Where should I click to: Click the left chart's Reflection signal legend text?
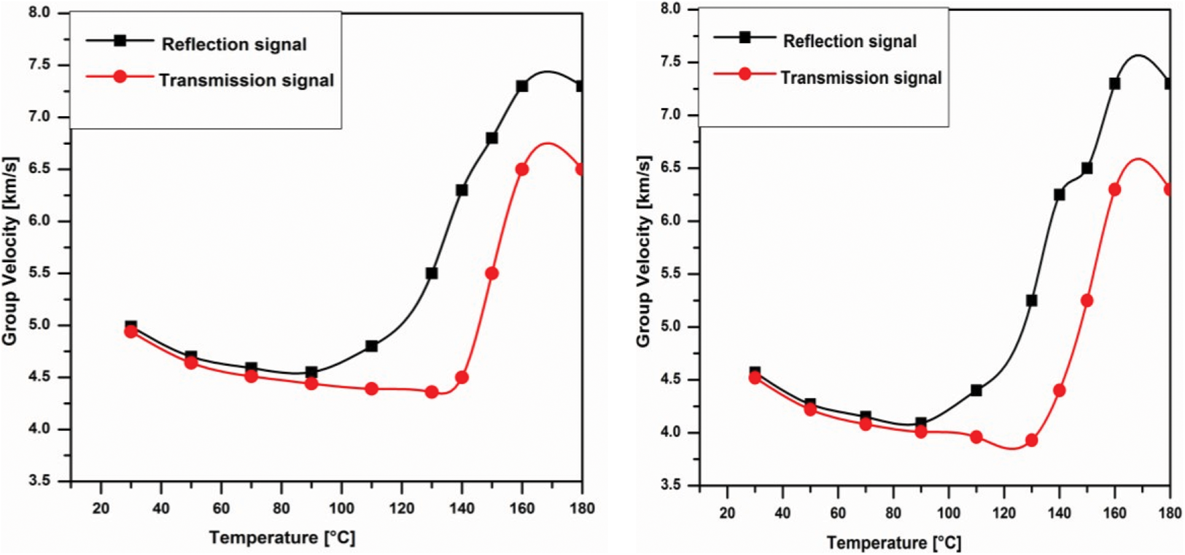tap(234, 44)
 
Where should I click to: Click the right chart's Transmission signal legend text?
tap(861, 78)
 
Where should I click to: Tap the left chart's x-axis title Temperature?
tap(282, 538)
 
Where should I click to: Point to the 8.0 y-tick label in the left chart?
tap(39, 13)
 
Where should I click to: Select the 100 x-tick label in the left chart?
tap(341, 508)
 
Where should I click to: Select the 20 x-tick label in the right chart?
tap(727, 513)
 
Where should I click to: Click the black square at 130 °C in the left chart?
tap(432, 273)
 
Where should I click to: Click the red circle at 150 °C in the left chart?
tap(492, 273)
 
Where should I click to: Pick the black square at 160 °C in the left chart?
tap(522, 87)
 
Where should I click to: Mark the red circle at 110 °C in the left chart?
tap(371, 389)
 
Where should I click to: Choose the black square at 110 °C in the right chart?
tap(976, 390)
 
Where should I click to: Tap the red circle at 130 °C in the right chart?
tap(1032, 440)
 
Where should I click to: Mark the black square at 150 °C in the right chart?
tap(1087, 168)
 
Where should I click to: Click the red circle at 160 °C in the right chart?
tap(1115, 190)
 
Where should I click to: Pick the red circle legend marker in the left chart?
tap(120, 77)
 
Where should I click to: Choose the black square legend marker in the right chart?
tap(745, 37)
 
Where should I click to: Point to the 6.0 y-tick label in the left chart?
tap(39, 221)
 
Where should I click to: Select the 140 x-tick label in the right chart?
tap(1059, 513)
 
